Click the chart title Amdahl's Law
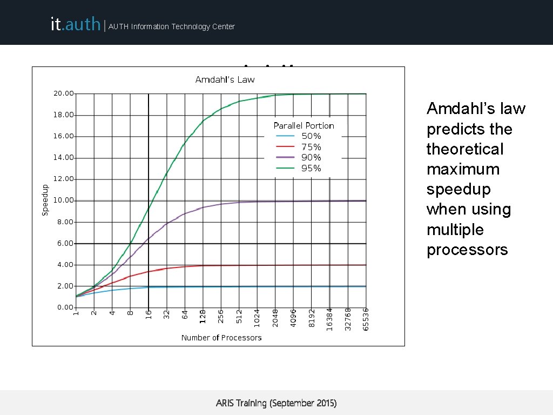[225, 79]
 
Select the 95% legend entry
[311, 168]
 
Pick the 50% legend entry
[311, 136]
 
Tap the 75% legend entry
[311, 147]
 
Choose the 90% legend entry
[311, 157]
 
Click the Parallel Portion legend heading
[304, 125]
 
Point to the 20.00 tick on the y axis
[63, 93]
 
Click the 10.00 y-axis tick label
[63, 200]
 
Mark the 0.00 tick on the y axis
[65, 307]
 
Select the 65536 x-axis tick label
[366, 319]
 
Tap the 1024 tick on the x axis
[257, 317]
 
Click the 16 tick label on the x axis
[149, 313]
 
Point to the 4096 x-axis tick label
[293, 317]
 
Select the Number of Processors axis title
[221, 338]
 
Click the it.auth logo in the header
[75, 24]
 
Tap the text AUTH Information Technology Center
[172, 26]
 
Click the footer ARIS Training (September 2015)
[276, 403]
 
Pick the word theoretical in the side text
[464, 149]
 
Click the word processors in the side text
[467, 250]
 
